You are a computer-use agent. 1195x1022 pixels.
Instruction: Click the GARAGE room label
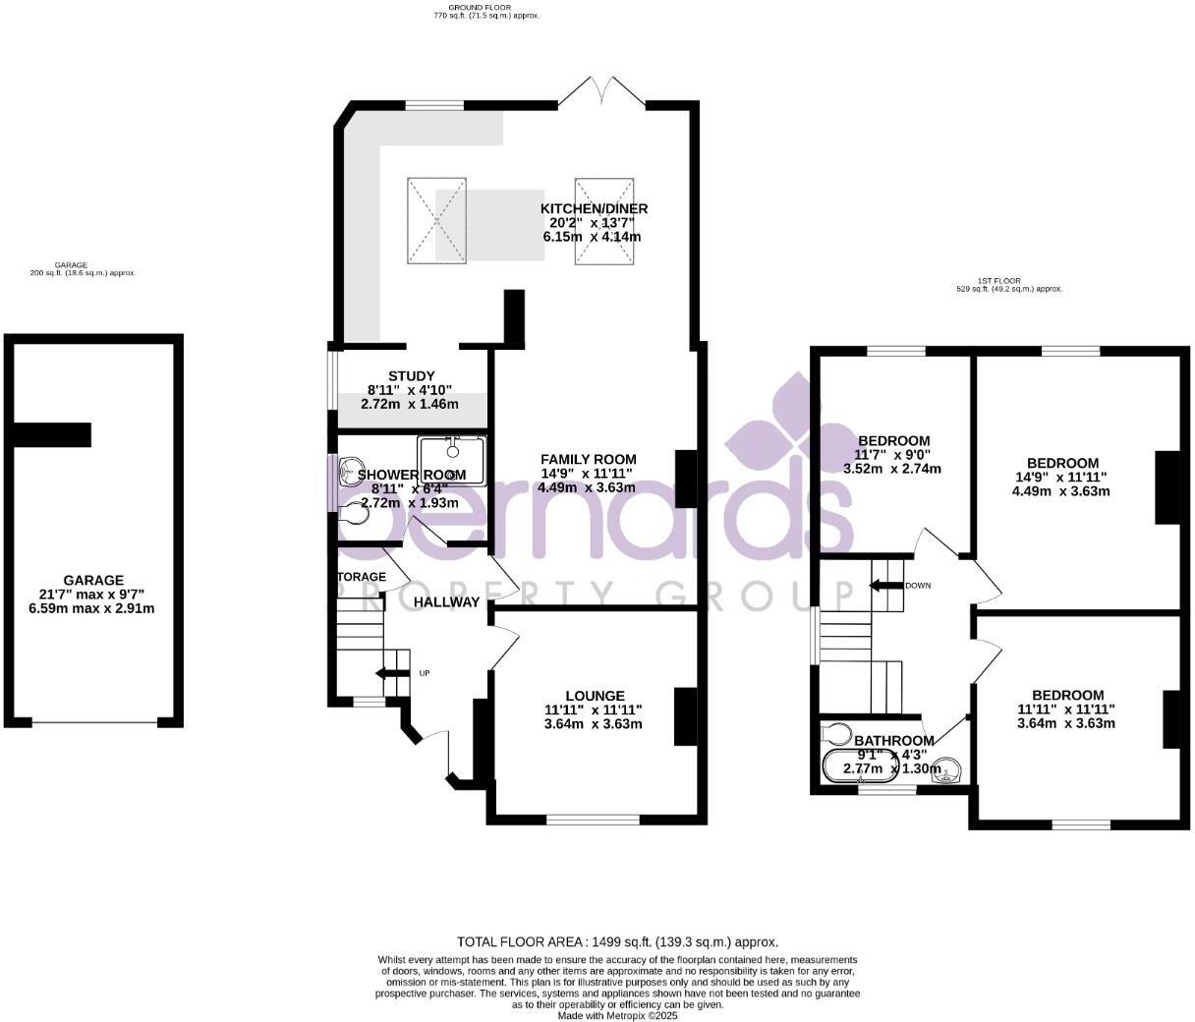tap(93, 581)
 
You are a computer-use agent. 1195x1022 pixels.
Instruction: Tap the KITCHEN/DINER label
tap(594, 208)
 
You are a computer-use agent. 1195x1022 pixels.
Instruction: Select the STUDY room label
tap(411, 375)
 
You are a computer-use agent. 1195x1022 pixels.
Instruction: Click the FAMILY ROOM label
tap(588, 459)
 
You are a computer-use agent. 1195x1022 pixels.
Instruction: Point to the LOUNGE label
tap(594, 696)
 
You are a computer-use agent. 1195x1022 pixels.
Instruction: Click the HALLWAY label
tap(446, 601)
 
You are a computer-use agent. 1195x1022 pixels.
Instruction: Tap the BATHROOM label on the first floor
tap(893, 741)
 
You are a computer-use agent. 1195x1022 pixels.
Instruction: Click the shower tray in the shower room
tap(452, 460)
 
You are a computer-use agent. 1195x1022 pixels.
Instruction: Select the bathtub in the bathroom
tap(861, 766)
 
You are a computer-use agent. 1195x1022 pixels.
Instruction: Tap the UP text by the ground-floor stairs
tap(424, 673)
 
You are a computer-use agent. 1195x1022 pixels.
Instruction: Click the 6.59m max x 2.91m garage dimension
tap(93, 609)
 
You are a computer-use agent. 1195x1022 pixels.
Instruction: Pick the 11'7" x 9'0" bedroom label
tap(893, 455)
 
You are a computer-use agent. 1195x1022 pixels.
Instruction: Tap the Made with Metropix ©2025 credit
tap(617, 1015)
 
